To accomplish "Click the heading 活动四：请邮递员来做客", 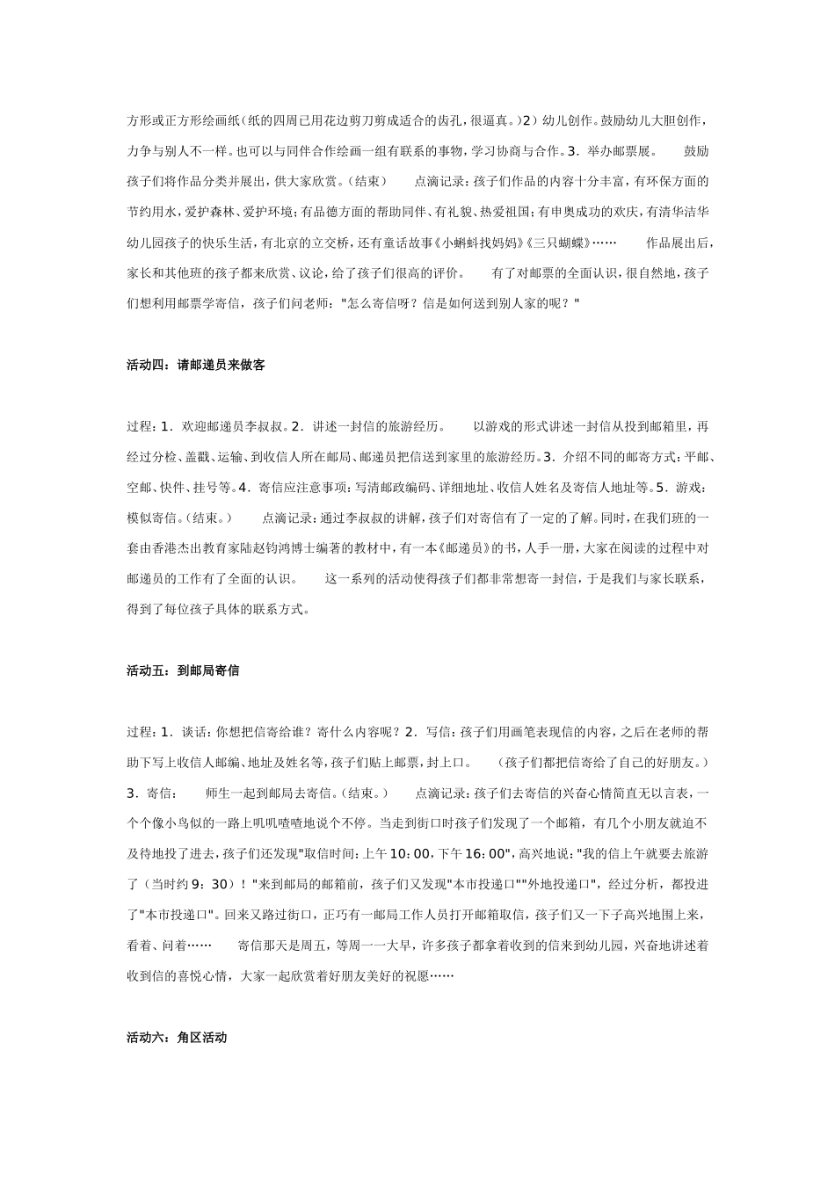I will (195, 365).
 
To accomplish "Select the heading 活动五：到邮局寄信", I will (183, 670).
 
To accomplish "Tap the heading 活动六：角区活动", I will (177, 1038).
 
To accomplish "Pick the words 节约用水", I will (152, 212).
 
